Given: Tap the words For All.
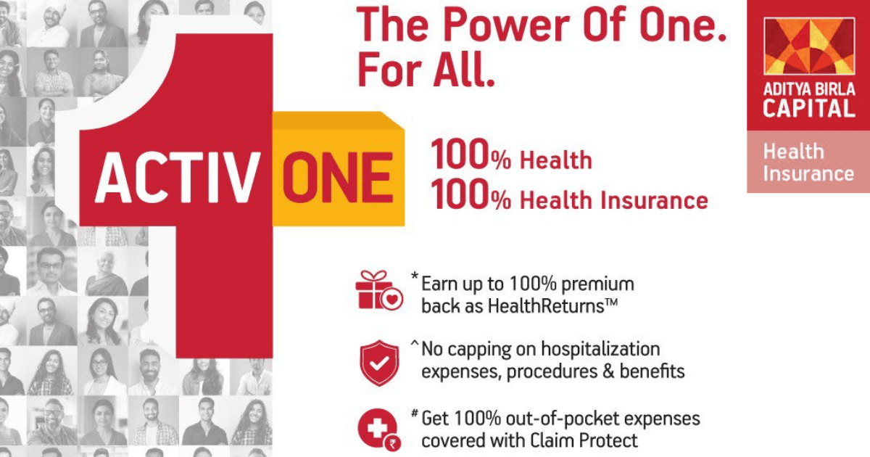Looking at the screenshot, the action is coord(426,70).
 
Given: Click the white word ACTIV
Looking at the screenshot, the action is coord(178,177).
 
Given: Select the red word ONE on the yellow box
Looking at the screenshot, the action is coord(336,177).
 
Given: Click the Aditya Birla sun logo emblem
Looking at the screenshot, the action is coord(809,46).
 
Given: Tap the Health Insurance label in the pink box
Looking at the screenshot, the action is coord(808,162).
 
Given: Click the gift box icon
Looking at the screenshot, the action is coord(379,290).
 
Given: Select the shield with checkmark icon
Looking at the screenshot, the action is coord(379,363).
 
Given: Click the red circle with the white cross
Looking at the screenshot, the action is coord(377,428).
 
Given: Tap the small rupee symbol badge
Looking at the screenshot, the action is coord(392,443).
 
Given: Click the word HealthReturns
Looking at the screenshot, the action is coord(546,306).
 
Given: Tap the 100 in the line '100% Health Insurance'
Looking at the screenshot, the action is coord(460,194).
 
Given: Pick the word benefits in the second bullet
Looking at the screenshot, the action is coord(652,371).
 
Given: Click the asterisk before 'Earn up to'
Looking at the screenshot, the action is coord(415,276).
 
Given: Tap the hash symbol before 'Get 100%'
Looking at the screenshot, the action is coord(415,413).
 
